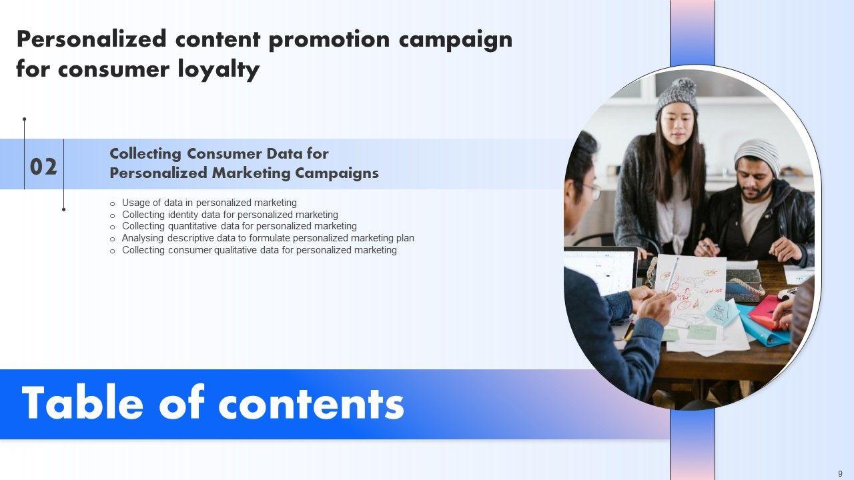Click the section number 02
43,167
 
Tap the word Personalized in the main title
92,39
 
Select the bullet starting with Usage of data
209,203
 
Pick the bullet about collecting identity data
230,215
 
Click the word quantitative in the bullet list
192,226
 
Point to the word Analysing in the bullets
143,239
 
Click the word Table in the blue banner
82,403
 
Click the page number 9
840,473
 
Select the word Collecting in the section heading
145,154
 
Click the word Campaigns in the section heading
337,173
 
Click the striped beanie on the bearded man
757,155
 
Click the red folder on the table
768,313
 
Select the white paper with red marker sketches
690,287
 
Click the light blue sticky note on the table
721,312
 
